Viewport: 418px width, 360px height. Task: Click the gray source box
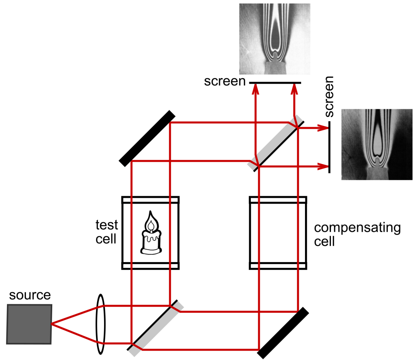(29, 324)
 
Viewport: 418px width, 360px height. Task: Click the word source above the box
(30, 295)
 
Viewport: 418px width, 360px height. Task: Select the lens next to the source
(101, 324)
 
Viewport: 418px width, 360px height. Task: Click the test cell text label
(107, 232)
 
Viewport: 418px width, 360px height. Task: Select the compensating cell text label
(357, 235)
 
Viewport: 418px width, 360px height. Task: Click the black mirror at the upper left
(147, 139)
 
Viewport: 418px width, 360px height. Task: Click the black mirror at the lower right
(283, 333)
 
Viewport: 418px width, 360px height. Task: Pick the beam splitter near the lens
(156, 328)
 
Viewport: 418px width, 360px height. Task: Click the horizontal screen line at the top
(275, 83)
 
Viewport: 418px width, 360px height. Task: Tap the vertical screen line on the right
(329, 147)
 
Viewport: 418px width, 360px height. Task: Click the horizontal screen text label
(225, 81)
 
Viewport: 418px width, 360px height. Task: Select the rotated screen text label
(329, 96)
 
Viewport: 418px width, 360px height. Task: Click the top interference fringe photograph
(274, 39)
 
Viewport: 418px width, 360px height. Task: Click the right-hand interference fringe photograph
(377, 144)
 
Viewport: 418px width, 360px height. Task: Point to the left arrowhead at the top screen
(256, 89)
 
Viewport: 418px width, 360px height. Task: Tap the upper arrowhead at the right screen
(323, 128)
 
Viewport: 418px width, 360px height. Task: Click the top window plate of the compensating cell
(278, 200)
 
